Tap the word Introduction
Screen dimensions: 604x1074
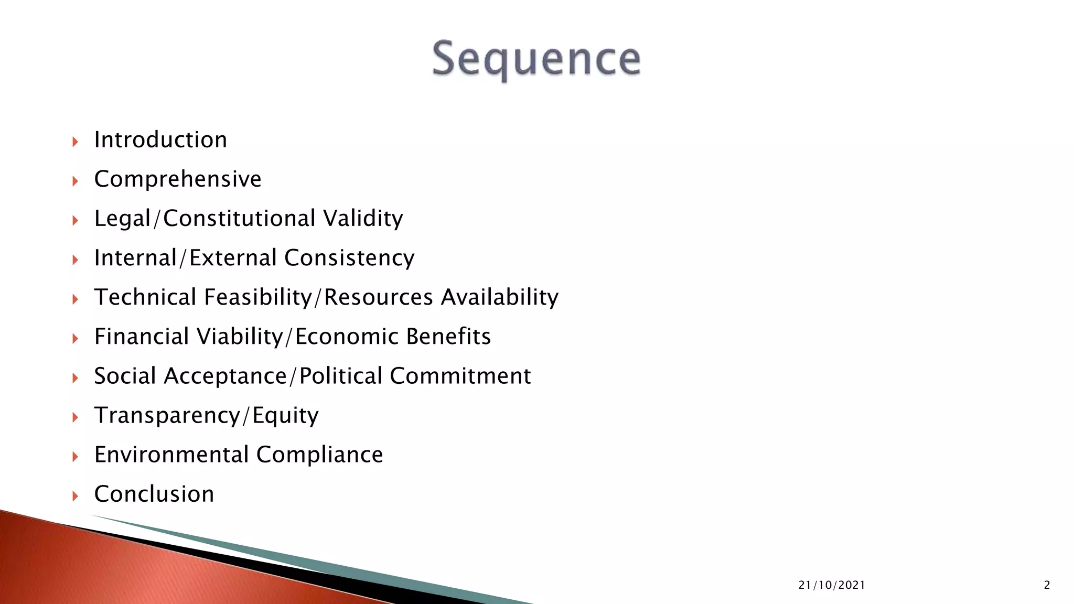click(160, 140)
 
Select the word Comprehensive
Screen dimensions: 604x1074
click(178, 179)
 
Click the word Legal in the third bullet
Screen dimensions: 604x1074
click(122, 219)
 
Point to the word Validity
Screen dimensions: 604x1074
click(363, 219)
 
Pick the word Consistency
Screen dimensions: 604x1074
click(349, 258)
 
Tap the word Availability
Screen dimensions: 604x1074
click(500, 297)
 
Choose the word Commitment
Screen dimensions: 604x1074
click(460, 376)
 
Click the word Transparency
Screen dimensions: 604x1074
click(167, 415)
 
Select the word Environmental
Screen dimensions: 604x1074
click(171, 455)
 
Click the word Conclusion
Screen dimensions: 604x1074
click(154, 494)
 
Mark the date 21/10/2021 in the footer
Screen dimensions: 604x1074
click(832, 585)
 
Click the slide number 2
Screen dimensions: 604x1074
click(1047, 585)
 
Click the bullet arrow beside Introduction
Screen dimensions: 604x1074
click(75, 141)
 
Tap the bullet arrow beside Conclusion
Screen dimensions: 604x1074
click(75, 495)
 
